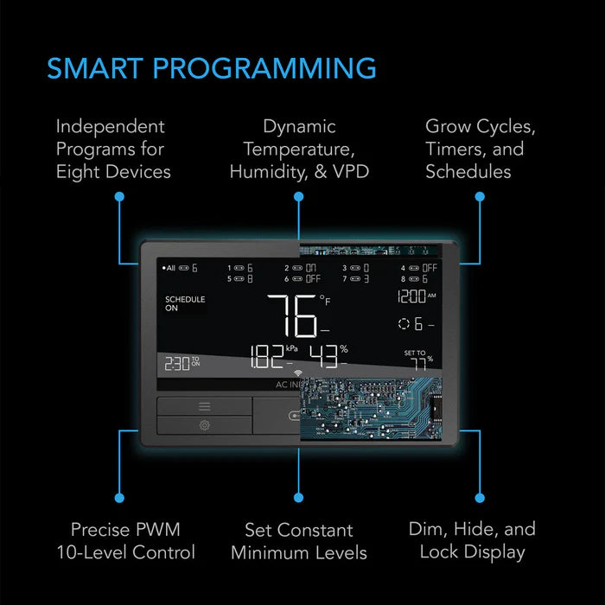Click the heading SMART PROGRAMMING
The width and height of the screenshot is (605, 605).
click(x=212, y=67)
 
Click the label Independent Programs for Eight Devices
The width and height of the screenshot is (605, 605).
click(x=113, y=149)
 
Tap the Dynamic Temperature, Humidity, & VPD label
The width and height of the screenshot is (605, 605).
click(x=299, y=149)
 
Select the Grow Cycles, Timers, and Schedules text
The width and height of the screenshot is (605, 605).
click(x=480, y=149)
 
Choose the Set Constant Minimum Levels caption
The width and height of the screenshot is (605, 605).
click(x=299, y=540)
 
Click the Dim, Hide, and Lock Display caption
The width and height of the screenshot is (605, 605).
click(x=472, y=540)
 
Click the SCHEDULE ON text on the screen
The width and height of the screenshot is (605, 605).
click(x=185, y=303)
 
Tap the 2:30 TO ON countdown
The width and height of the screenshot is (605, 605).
click(x=182, y=363)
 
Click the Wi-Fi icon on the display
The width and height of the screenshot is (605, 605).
click(x=287, y=373)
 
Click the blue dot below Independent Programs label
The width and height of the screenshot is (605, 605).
click(x=119, y=197)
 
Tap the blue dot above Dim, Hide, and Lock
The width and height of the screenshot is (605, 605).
click(x=481, y=499)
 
